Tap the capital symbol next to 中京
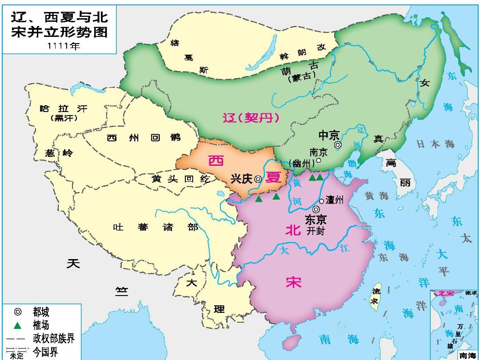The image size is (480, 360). (x=338, y=144)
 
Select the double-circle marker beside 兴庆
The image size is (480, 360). (x=258, y=179)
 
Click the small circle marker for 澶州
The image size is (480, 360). (x=321, y=201)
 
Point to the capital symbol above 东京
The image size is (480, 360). (x=316, y=209)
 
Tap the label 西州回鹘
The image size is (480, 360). (x=144, y=138)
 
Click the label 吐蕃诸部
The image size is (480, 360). (x=156, y=228)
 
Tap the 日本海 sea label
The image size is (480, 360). (x=436, y=144)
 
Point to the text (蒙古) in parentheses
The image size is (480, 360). (x=301, y=78)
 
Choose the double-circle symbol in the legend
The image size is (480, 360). (x=17, y=312)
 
